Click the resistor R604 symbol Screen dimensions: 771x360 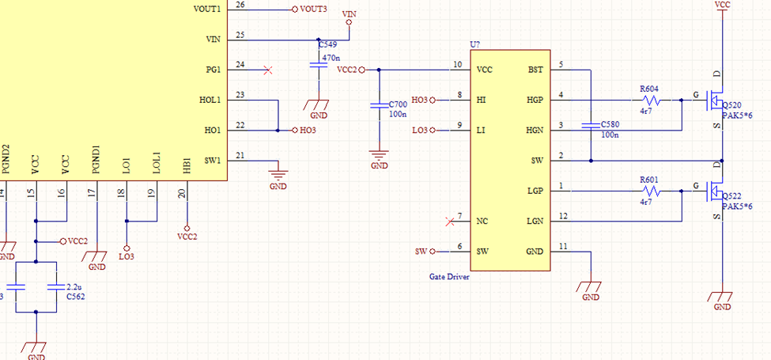tap(652, 100)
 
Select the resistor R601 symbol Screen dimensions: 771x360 tap(652, 191)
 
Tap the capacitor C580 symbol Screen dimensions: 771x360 tap(591, 126)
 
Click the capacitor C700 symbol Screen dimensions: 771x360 tap(379, 106)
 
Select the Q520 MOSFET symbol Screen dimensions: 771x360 tap(716, 100)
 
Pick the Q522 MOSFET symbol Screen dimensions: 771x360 tap(716, 191)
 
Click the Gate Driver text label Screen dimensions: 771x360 tap(449, 277)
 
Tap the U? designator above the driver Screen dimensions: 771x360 tap(475, 45)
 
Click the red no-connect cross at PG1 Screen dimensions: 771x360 tap(268, 70)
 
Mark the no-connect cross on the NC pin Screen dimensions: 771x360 tap(449, 222)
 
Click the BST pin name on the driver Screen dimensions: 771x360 tap(536, 70)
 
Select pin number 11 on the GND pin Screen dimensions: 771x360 tap(563, 246)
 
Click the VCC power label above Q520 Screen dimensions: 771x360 tap(722, 5)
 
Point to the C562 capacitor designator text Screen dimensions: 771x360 tap(75, 296)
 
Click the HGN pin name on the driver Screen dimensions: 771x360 tap(535, 131)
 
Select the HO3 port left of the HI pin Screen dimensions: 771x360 tap(423, 100)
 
